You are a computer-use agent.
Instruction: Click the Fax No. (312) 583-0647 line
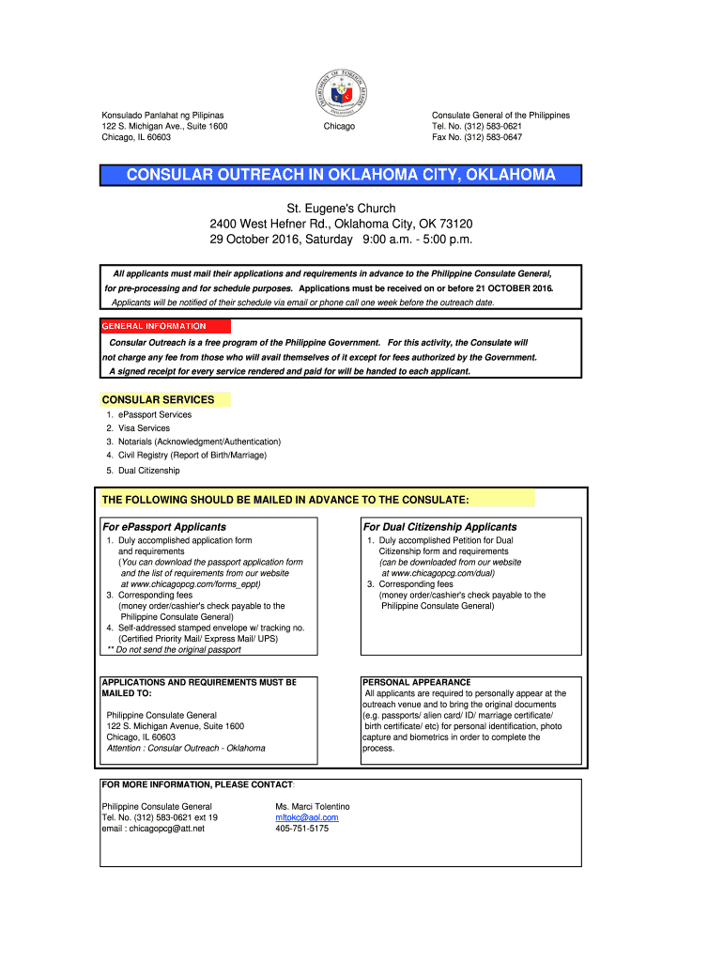coord(476,137)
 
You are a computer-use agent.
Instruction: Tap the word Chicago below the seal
coord(339,126)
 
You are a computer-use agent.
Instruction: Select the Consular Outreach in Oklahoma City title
coord(341,175)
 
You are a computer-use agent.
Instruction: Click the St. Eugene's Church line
coord(341,208)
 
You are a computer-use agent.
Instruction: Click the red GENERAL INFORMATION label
coord(153,326)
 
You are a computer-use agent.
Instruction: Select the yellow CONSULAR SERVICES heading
coord(158,399)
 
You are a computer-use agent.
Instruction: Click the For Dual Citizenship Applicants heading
coord(439,527)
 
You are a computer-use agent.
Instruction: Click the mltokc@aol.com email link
coord(306,817)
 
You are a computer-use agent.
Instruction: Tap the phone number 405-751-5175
coord(301,829)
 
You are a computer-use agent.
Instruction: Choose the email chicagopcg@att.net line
coord(153,829)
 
